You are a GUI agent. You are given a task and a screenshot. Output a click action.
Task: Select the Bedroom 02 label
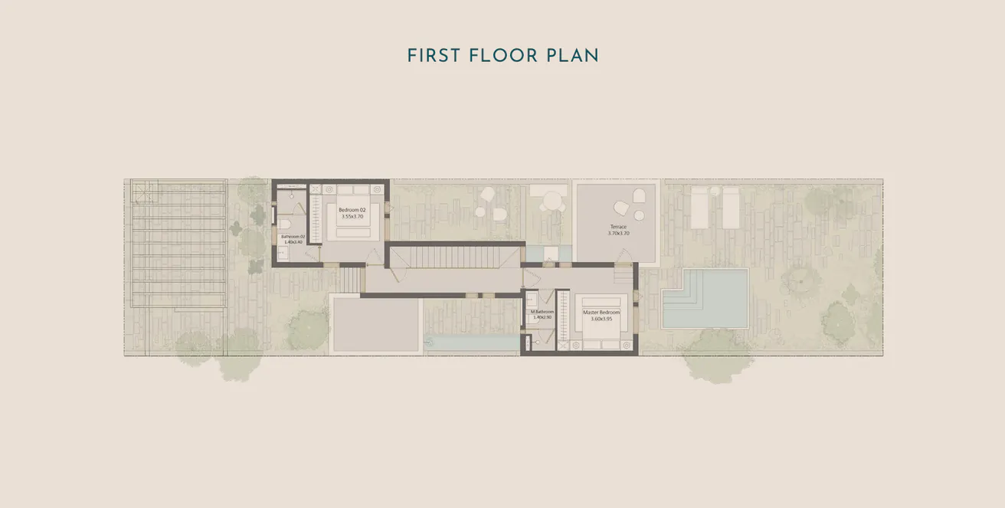coord(352,210)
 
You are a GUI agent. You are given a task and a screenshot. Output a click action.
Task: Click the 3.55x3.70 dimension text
coord(352,217)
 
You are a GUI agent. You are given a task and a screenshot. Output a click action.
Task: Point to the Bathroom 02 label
coord(293,237)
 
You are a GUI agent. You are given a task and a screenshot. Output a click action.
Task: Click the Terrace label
coord(618,227)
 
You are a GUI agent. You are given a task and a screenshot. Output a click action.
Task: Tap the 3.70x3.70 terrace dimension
coord(618,234)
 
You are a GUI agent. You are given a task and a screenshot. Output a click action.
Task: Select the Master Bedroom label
coord(601,313)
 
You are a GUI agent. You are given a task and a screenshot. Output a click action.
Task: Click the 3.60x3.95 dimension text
coord(601,320)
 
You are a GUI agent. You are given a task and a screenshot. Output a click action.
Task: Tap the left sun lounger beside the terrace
coord(700,207)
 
